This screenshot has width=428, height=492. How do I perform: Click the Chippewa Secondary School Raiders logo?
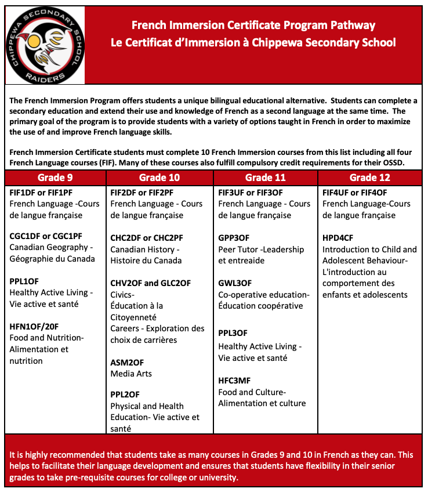(45, 45)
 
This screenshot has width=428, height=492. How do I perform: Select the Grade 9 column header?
(55, 178)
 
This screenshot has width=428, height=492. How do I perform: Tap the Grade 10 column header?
(159, 178)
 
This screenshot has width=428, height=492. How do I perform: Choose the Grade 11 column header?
(266, 178)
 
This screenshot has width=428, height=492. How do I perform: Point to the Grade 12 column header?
(370, 178)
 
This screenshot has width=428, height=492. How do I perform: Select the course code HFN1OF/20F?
(34, 327)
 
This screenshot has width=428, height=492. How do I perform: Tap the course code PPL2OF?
(125, 395)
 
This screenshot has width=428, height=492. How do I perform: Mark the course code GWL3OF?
(235, 283)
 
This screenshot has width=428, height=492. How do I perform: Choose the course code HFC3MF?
(234, 381)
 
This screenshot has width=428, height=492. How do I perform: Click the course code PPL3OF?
(233, 333)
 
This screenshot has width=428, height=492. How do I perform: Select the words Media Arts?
(131, 374)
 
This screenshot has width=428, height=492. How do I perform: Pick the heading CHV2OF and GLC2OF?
(151, 283)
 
